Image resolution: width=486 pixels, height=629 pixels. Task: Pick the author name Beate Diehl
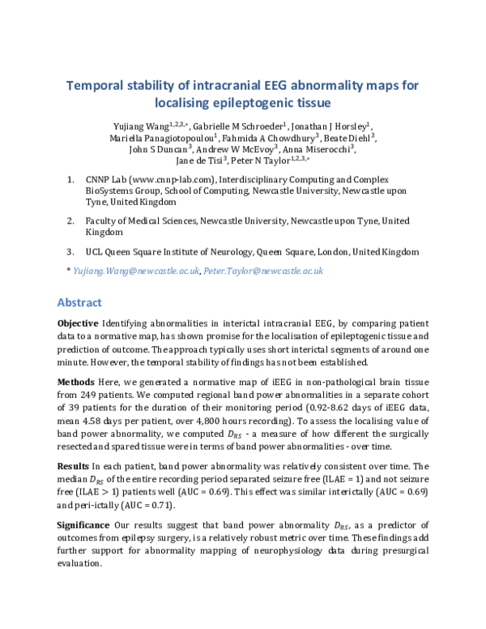pos(329,138)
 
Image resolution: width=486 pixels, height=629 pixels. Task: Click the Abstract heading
pos(79,302)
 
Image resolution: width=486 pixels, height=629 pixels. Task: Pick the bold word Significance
pos(85,524)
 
